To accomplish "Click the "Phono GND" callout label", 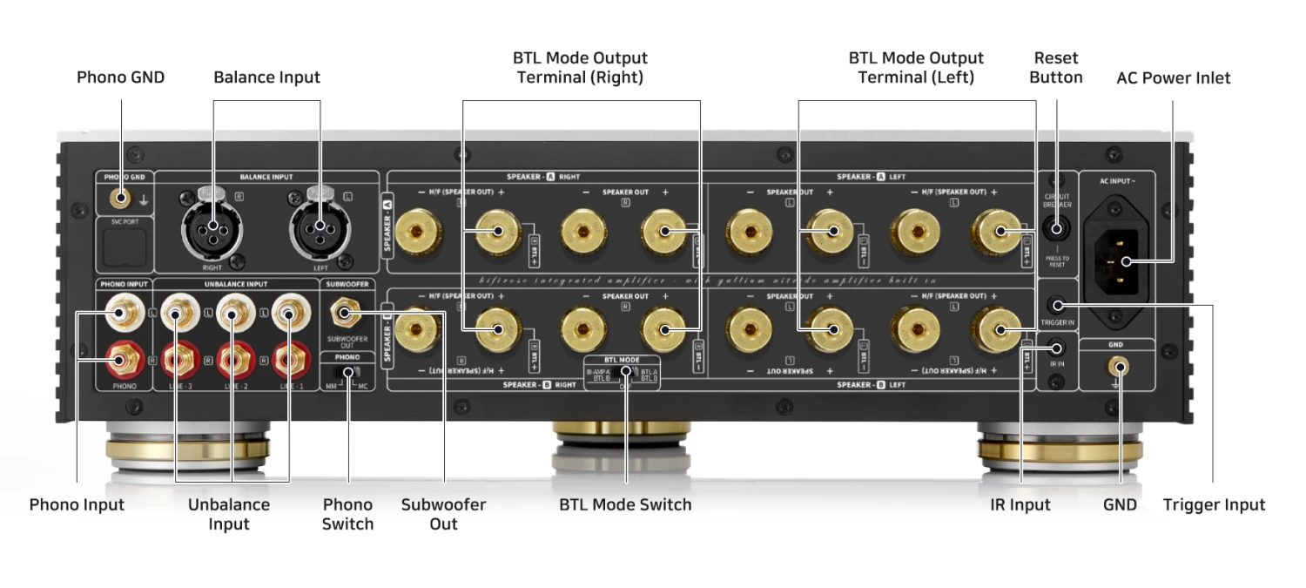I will click(x=120, y=78).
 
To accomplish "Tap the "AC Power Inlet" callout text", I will click(x=1173, y=78).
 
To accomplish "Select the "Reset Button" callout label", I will click(x=1055, y=68).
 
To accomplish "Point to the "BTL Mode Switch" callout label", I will click(x=625, y=504).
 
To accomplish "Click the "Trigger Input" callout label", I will click(x=1214, y=504).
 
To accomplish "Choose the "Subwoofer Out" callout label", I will click(x=443, y=514).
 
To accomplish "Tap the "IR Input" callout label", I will click(x=1020, y=504).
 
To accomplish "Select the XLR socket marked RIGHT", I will click(x=212, y=227).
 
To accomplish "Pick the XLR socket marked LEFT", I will click(x=320, y=227).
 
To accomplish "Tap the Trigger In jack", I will click(x=1056, y=305).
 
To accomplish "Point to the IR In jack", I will click(x=1056, y=348).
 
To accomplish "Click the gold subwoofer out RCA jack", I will click(x=344, y=313).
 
